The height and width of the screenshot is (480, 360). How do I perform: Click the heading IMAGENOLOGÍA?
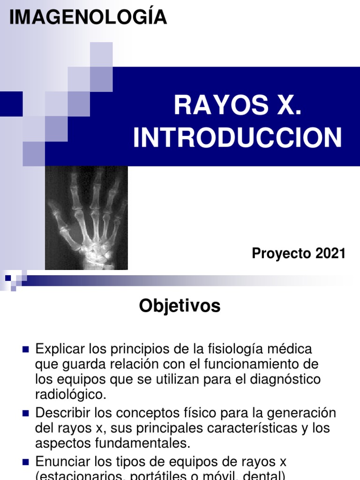click(88, 17)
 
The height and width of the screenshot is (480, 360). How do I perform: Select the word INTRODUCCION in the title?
click(238, 138)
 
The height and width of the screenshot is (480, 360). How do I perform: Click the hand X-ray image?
click(86, 218)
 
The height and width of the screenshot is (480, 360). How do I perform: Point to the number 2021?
click(330, 254)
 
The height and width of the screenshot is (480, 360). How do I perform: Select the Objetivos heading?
click(180, 306)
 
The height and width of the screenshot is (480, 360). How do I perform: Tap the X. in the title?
click(286, 105)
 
